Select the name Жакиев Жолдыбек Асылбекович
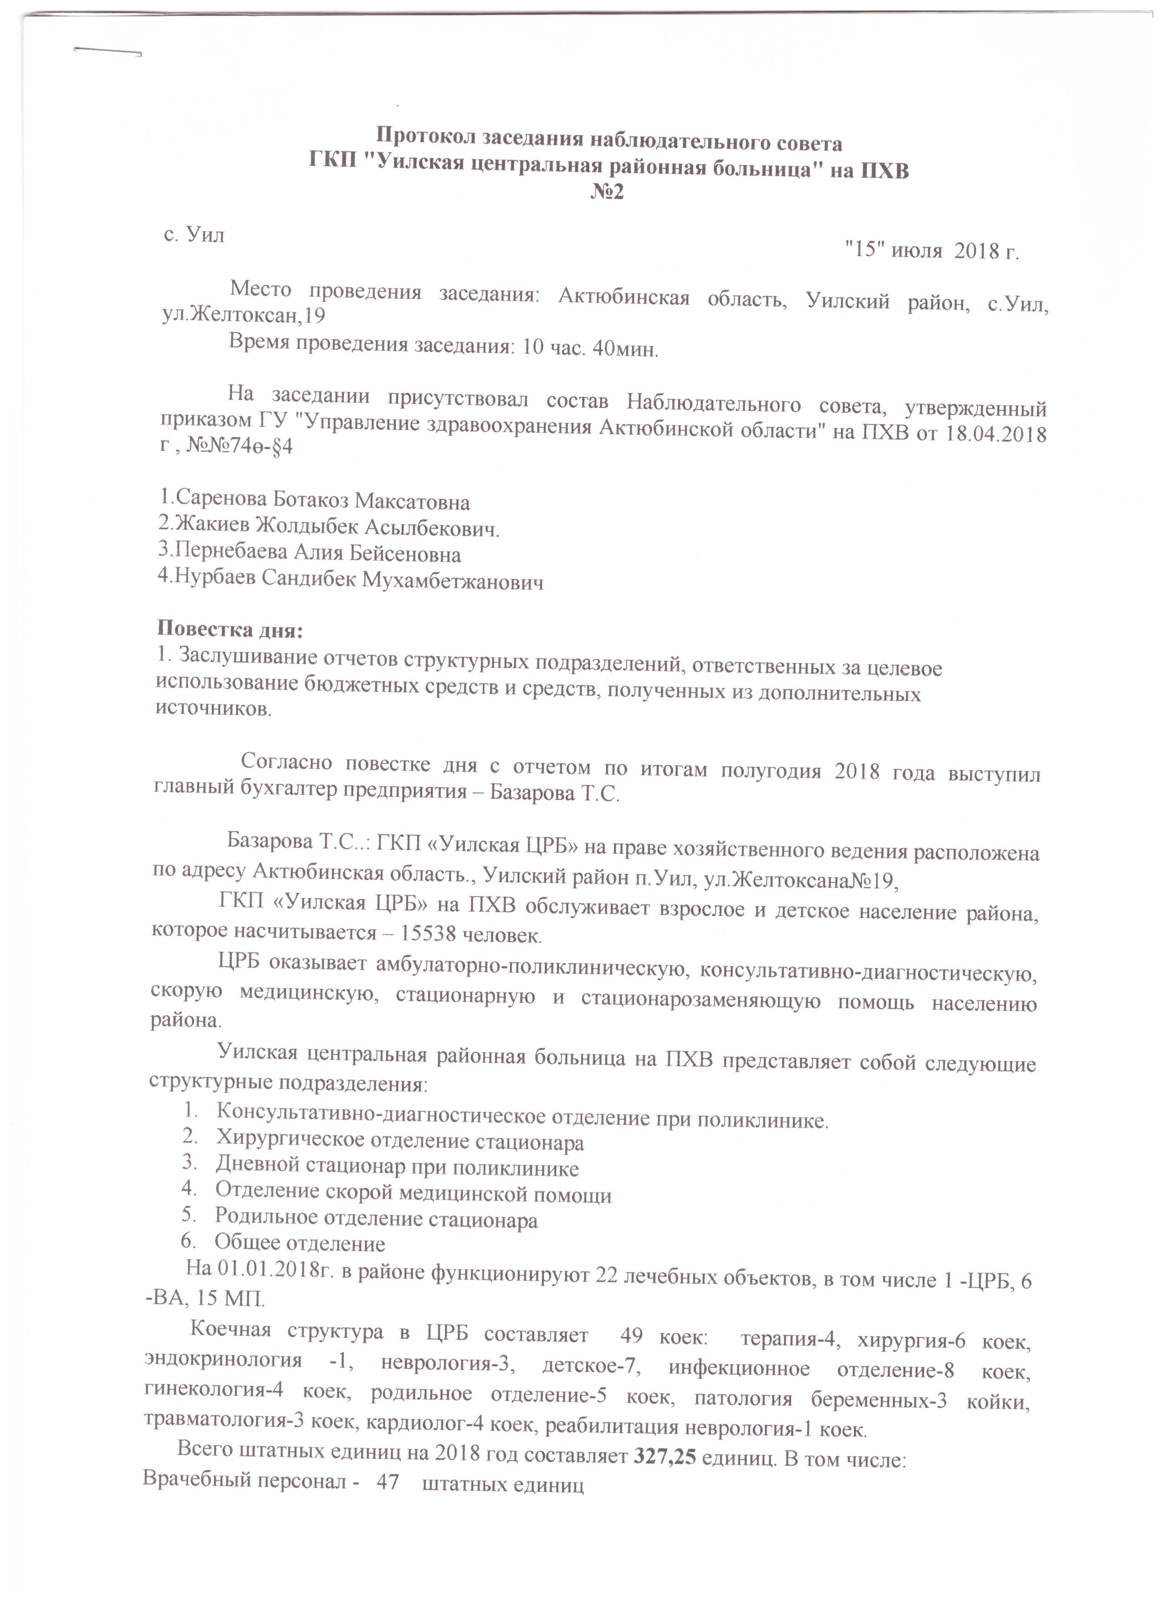(328, 527)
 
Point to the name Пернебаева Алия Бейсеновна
(310, 553)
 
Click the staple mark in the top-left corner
(107, 51)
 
